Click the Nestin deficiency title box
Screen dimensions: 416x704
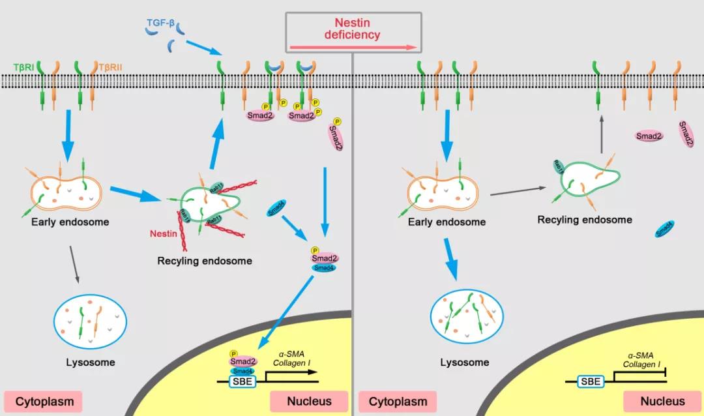(353, 31)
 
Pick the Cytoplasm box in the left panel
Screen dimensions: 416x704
(44, 402)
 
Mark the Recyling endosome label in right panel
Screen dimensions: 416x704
(585, 220)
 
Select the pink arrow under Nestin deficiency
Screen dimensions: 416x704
(353, 47)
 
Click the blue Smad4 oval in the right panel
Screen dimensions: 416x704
(664, 228)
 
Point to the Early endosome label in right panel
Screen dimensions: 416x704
(447, 222)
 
